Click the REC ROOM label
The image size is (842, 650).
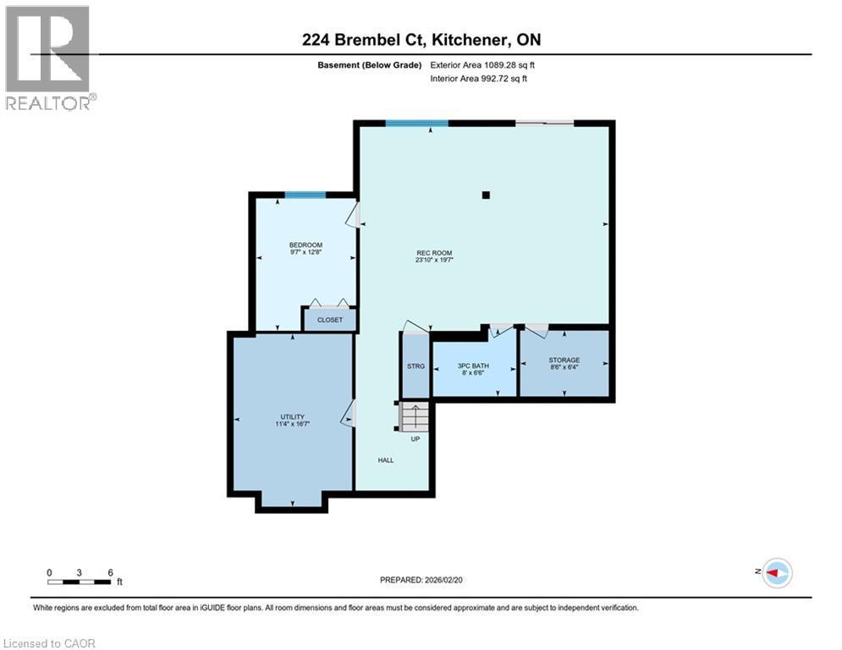click(435, 253)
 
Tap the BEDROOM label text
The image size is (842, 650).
click(305, 245)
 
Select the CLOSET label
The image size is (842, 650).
click(329, 320)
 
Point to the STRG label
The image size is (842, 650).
click(415, 366)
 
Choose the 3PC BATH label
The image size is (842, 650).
click(474, 366)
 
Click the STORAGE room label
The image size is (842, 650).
click(564, 361)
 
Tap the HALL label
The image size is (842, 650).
click(386, 460)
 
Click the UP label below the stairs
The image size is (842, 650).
click(415, 438)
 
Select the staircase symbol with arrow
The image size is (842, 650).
click(415, 416)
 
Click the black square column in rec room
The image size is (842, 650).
click(486, 196)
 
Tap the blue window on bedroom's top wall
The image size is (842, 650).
click(305, 196)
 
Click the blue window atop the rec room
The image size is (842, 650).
click(416, 124)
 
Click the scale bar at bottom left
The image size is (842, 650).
click(80, 581)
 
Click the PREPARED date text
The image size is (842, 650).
click(422, 580)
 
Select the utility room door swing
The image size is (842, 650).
click(347, 414)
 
